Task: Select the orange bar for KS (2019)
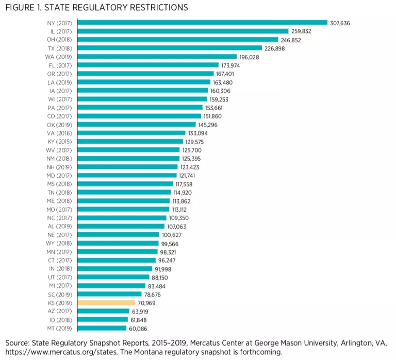pos(106,303)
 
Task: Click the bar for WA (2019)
pos(157,56)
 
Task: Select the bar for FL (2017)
pos(148,65)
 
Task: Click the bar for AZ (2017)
pos(103,311)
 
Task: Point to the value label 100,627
pos(173,234)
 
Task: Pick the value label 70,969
pos(148,303)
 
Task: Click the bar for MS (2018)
pos(125,184)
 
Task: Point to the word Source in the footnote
pos(19,343)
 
